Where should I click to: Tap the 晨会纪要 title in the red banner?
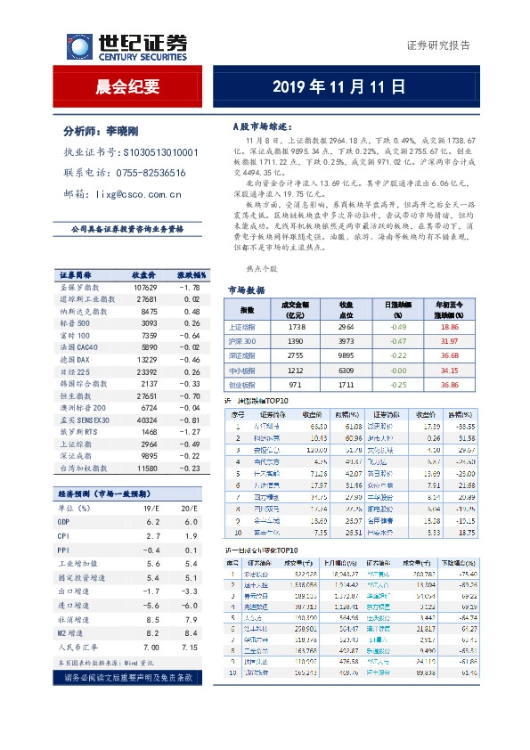click(x=127, y=87)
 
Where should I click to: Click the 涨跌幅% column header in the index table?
click(x=189, y=274)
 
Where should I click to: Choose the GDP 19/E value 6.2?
click(x=152, y=522)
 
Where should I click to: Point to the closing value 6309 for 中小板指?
click(x=347, y=370)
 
